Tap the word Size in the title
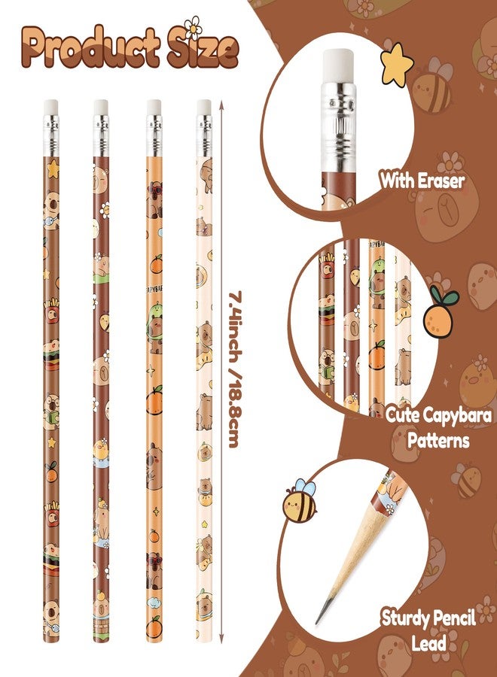(203, 48)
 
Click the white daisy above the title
(192, 27)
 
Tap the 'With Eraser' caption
(422, 181)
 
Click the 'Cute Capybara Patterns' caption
(438, 428)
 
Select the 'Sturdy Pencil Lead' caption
(428, 630)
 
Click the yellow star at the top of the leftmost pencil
(53, 168)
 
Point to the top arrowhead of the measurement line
(221, 104)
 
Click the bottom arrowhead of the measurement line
(221, 638)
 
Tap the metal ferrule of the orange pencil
(154, 135)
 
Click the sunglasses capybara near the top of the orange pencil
(154, 199)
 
